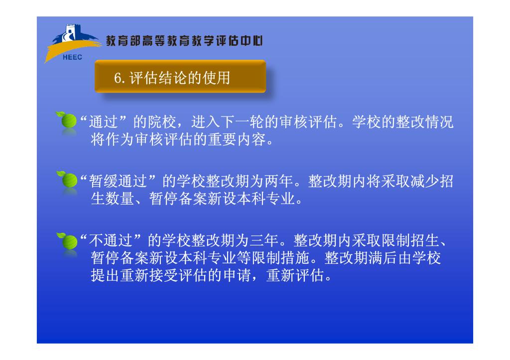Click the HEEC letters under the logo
point(72,57)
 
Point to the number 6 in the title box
point(118,78)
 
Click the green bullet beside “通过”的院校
point(67,120)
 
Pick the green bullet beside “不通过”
point(67,241)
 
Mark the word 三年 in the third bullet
point(264,240)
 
